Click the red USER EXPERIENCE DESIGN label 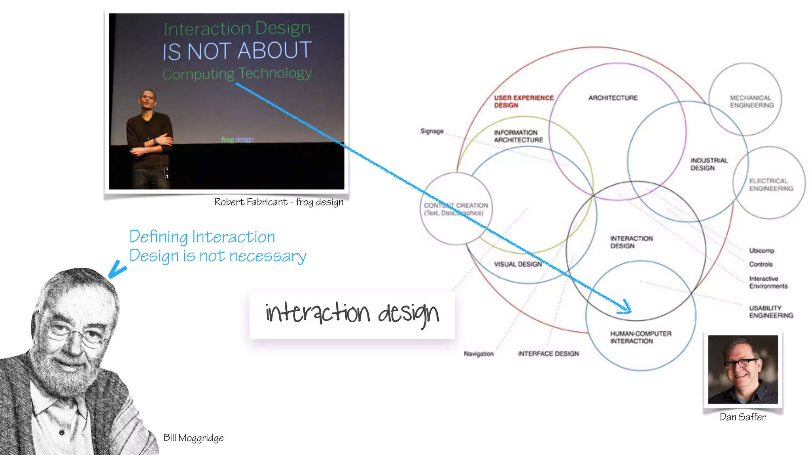point(523,102)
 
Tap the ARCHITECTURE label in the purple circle point(613,98)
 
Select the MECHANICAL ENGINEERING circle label point(751,102)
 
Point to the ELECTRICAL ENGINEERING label point(770,185)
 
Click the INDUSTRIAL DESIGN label point(708,164)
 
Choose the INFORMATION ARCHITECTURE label point(518,136)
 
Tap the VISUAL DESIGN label point(517,264)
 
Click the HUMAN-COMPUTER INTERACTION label point(640,337)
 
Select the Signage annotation point(431,131)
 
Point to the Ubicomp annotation point(761,251)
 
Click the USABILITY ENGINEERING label point(770,312)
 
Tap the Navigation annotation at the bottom point(479,354)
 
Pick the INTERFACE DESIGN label point(548,354)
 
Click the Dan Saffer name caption point(742,417)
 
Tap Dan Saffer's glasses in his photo point(742,363)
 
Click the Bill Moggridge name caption point(193,438)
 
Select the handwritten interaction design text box point(352,314)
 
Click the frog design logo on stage point(237,139)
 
